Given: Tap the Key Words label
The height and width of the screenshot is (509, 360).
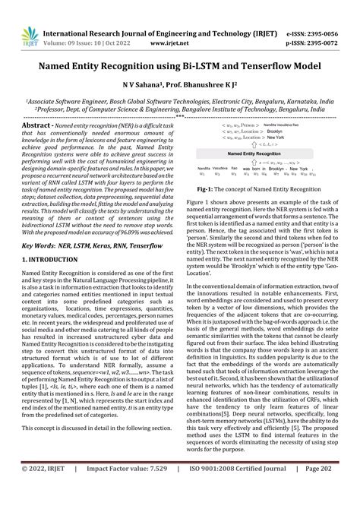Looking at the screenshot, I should click(x=24, y=226).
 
